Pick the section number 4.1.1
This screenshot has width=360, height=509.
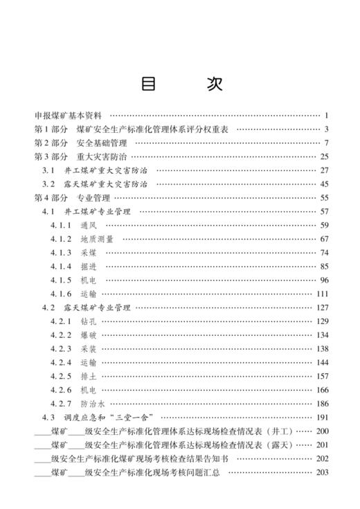pos(61,224)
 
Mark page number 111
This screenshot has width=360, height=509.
pos(321,293)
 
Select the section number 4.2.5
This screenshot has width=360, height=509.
pos(61,375)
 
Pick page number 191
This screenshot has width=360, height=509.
pos(321,417)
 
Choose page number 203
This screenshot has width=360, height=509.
pos(321,472)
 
